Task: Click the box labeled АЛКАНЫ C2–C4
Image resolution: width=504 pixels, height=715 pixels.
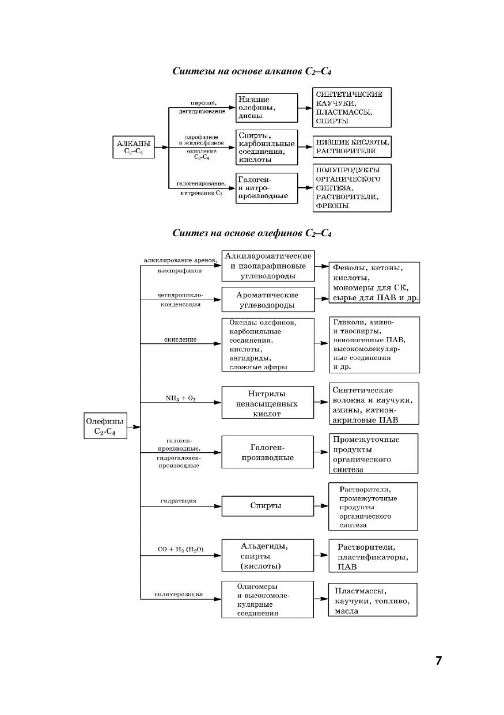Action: click(x=134, y=147)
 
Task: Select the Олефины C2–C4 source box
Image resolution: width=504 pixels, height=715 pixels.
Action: click(x=105, y=427)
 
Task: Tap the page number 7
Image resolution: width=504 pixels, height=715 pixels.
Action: click(x=439, y=661)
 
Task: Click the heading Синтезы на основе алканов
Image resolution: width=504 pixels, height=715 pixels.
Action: click(x=252, y=71)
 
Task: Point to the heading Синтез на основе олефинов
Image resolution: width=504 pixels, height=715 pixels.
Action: click(x=252, y=233)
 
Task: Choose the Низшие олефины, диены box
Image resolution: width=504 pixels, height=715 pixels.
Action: click(x=267, y=108)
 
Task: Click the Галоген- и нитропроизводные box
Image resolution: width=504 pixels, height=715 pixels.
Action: click(x=267, y=188)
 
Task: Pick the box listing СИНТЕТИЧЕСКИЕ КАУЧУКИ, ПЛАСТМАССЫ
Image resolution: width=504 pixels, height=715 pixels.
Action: click(x=351, y=108)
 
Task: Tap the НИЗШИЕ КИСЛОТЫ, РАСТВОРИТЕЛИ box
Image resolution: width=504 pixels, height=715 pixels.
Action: click(x=351, y=146)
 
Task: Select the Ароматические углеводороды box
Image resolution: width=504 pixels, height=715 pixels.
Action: click(x=268, y=300)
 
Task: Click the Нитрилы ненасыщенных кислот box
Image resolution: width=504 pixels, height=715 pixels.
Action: click(x=268, y=403)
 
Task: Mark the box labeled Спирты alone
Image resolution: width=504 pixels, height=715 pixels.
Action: click(x=268, y=506)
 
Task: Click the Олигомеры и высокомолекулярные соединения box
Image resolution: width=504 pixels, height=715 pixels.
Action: click(x=268, y=599)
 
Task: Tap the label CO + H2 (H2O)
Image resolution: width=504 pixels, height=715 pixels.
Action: click(x=180, y=550)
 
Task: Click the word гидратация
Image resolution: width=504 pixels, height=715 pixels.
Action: click(x=179, y=501)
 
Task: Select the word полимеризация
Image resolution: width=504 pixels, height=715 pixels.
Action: click(x=179, y=594)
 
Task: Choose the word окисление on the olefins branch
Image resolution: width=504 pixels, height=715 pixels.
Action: click(x=180, y=340)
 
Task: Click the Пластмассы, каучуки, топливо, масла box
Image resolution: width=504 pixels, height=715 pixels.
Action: click(x=373, y=601)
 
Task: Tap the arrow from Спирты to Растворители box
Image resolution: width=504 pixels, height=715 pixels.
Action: click(x=321, y=506)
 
